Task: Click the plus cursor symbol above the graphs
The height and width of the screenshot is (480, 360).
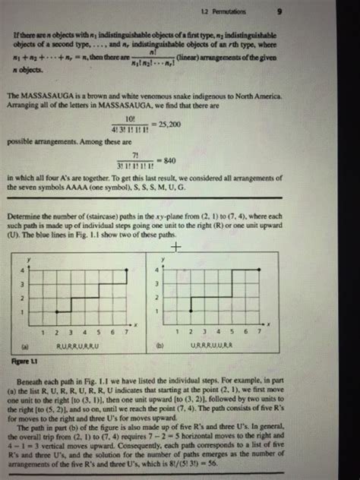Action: (177, 248)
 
